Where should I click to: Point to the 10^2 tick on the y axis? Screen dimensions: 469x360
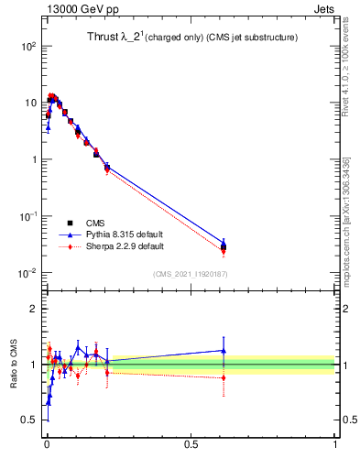pyautogui.click(x=28, y=46)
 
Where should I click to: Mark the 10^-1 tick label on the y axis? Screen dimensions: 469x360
pyautogui.click(x=28, y=216)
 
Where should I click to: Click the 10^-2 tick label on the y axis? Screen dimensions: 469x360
pyautogui.click(x=28, y=273)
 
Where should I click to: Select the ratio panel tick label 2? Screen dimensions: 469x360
pyautogui.click(x=35, y=309)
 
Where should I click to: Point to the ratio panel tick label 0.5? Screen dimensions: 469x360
pyautogui.click(x=30, y=420)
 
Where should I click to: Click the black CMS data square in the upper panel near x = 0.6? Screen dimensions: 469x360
pyautogui.click(x=224, y=247)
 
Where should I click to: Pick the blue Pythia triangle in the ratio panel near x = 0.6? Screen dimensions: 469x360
pyautogui.click(x=224, y=350)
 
